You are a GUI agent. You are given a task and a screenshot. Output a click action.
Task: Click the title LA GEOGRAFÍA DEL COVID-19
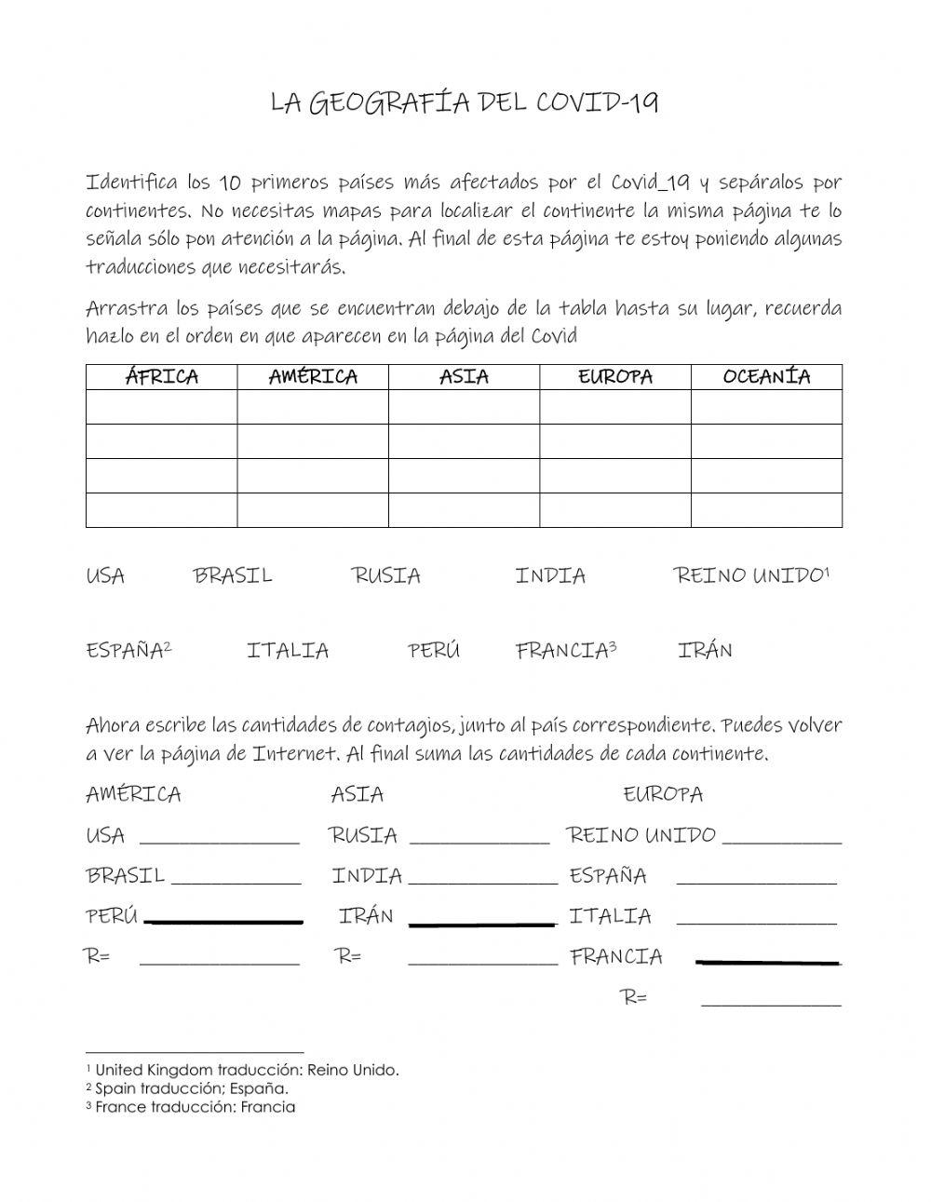pyautogui.click(x=464, y=102)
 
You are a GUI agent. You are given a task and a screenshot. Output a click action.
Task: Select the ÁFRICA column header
pyautogui.click(x=161, y=377)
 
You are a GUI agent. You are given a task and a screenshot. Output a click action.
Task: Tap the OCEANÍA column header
pyautogui.click(x=766, y=377)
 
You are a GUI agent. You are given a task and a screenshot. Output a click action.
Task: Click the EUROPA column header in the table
pyautogui.click(x=614, y=377)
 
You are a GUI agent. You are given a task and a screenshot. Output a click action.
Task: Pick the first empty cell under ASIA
pyautogui.click(x=464, y=408)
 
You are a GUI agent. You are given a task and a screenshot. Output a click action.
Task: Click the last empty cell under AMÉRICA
pyautogui.click(x=312, y=510)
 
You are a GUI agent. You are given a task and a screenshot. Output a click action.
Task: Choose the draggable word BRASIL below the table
pyautogui.click(x=233, y=575)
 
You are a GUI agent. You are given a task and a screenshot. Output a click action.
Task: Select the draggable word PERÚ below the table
pyautogui.click(x=434, y=650)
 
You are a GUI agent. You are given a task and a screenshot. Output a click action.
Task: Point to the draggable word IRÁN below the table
pyautogui.click(x=705, y=650)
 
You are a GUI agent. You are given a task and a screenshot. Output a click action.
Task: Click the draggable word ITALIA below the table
pyautogui.click(x=288, y=650)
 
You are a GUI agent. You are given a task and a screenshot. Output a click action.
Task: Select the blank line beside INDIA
pyautogui.click(x=482, y=881)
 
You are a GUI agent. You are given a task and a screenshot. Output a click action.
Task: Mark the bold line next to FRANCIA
pyautogui.click(x=768, y=962)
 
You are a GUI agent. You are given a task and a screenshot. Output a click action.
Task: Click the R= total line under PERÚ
pyautogui.click(x=219, y=963)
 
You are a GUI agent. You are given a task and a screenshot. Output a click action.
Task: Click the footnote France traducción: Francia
pyautogui.click(x=191, y=1107)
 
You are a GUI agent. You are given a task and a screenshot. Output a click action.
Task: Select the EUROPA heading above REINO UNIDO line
pyautogui.click(x=663, y=794)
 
